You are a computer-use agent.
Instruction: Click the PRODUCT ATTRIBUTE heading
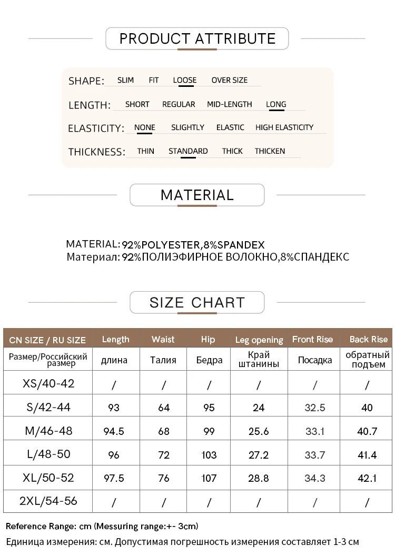[x=197, y=39]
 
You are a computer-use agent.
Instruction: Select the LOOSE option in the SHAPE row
[x=184, y=81]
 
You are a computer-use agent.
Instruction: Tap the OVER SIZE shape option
[x=229, y=81]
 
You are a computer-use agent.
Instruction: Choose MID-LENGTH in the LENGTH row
[x=229, y=104]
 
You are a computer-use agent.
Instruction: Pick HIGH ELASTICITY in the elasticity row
[x=284, y=127]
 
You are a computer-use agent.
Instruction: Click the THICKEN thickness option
[x=270, y=151]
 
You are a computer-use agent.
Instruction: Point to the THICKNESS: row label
[x=96, y=152]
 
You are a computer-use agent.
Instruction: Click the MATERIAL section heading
[x=197, y=195]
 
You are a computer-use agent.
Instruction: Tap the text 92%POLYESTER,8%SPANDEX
[x=193, y=245]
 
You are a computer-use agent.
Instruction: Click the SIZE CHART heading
[x=197, y=303]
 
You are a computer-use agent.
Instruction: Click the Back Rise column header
[x=368, y=340]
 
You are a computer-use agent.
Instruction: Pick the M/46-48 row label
[x=48, y=431]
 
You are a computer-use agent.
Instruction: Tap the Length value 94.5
[x=114, y=431]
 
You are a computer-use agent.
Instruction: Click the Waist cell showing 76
[x=164, y=478]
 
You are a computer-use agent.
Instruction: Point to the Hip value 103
[x=209, y=454]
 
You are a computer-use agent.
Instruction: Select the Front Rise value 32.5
[x=315, y=408]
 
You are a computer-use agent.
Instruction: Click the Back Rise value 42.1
[x=367, y=478]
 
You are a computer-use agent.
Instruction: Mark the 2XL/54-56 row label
[x=48, y=501]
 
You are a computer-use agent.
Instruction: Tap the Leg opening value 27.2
[x=259, y=454]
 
